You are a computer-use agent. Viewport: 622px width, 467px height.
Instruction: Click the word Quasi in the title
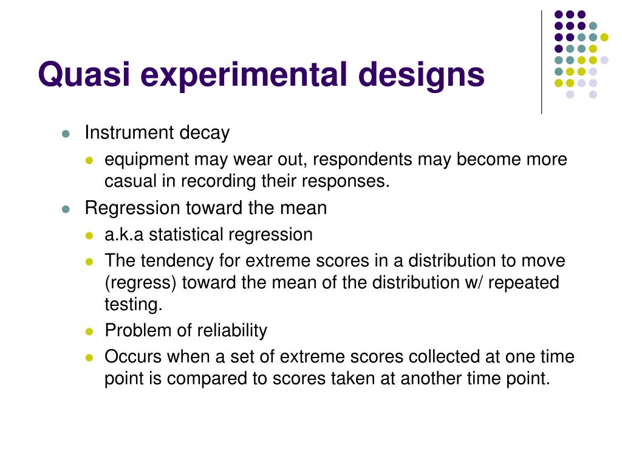84,75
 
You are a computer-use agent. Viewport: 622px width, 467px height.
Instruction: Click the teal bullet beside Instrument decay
66,133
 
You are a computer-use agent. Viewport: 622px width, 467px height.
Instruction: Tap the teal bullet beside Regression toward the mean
66,209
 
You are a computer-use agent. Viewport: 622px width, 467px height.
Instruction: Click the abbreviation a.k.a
124,234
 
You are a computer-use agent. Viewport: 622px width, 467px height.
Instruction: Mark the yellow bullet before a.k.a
89,235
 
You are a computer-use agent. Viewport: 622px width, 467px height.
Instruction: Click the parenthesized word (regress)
140,283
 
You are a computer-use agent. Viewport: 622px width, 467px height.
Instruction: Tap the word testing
134,305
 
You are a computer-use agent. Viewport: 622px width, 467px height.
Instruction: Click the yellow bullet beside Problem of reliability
89,331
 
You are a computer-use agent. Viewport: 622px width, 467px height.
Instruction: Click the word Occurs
133,356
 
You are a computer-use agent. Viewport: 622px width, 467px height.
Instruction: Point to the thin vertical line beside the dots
541,63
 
